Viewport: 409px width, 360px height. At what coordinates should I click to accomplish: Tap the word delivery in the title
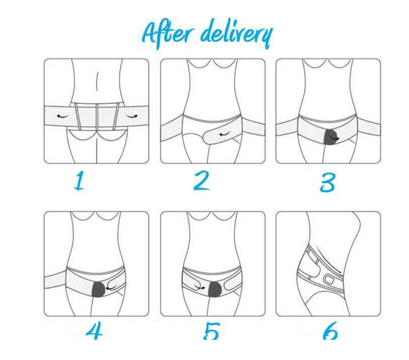pos(236,34)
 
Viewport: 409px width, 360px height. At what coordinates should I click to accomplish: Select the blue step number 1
pos(79,181)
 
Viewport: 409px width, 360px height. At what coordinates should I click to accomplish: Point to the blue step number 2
pos(202,181)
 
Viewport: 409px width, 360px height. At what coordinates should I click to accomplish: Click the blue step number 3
pos(327,182)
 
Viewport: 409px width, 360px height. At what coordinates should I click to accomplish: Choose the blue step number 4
pos(94,331)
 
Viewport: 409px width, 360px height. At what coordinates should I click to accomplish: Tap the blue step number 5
pos(212,331)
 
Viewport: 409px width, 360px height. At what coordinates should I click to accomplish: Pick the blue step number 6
pos(330,331)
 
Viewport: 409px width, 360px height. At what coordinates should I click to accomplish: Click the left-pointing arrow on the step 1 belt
pos(63,116)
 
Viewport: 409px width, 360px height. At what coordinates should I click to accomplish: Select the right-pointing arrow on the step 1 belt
pos(132,116)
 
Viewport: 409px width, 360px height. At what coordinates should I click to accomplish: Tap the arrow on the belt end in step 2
pos(224,134)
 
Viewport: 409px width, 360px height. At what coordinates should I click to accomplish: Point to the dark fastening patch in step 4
pos(99,289)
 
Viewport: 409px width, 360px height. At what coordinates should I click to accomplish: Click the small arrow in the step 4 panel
pos(111,288)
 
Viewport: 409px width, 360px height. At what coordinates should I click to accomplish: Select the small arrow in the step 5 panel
pos(199,288)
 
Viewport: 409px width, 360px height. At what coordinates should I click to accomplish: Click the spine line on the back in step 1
pos(97,82)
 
